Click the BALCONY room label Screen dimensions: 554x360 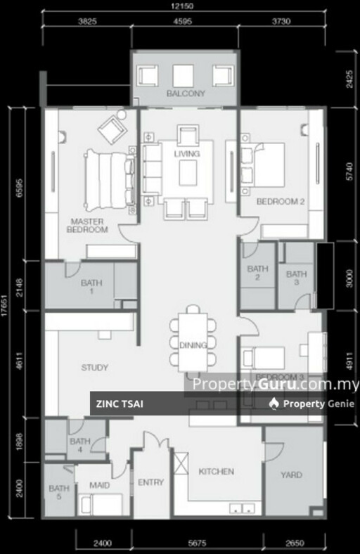tap(186, 93)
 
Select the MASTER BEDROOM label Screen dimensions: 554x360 tap(88, 225)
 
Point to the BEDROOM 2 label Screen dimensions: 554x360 tap(280, 201)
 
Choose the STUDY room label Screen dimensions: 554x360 tap(94, 366)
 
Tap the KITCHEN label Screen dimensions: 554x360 tap(216, 471)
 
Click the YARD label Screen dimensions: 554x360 tap(291, 475)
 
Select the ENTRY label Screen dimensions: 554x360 tap(150, 482)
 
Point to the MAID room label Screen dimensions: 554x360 tap(100, 485)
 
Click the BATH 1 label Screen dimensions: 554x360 tap(91, 287)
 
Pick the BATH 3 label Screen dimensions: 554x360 tap(296, 278)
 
